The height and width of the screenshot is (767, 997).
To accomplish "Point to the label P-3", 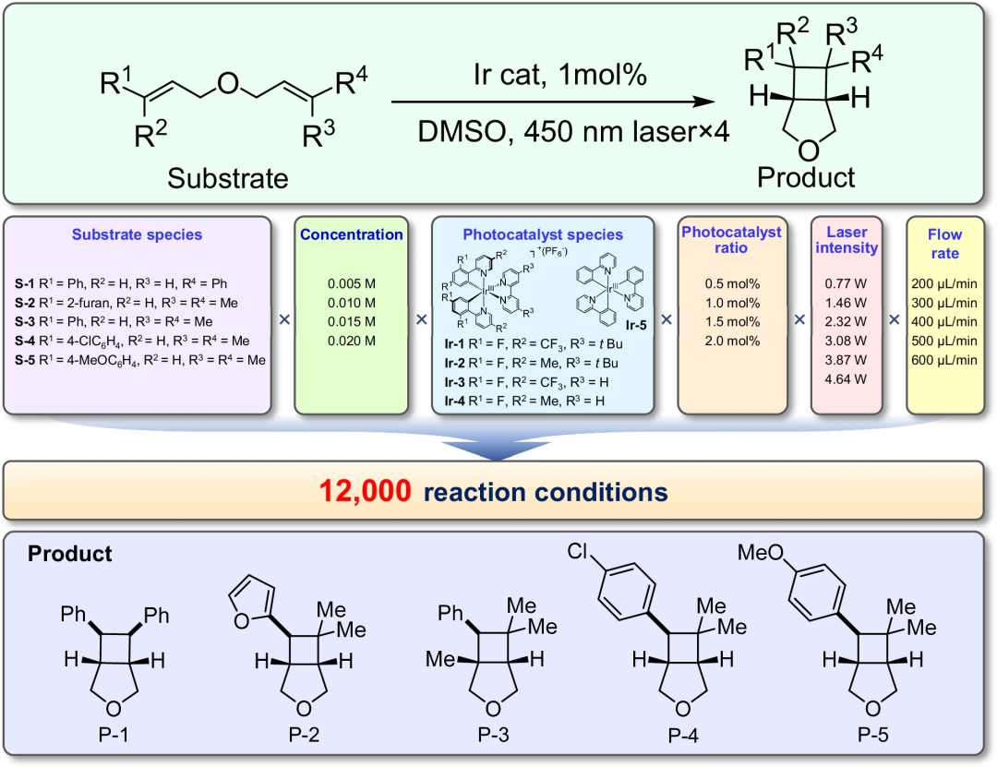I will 493,739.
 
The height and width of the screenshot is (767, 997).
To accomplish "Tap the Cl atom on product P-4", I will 579,552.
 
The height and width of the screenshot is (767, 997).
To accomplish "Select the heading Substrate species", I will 150,234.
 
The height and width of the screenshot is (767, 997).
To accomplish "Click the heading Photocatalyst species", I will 543,234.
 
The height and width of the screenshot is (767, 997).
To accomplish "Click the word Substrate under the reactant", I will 227,177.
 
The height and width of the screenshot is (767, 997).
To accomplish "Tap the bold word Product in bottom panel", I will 70,554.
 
